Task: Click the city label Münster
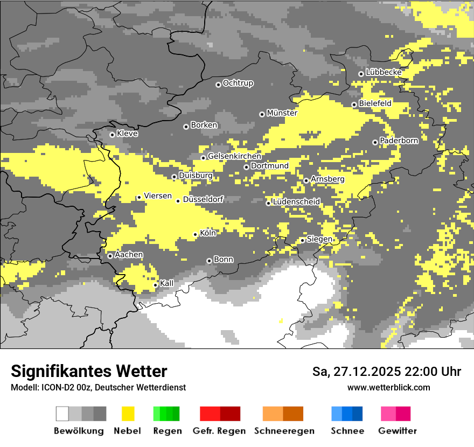[x=282, y=113]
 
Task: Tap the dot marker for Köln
[x=196, y=234]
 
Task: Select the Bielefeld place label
[x=375, y=103]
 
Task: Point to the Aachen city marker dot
[x=110, y=256]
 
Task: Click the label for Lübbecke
[x=384, y=72]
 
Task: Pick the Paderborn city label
[x=399, y=141]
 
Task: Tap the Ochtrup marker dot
[x=218, y=85]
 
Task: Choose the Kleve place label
[x=127, y=134]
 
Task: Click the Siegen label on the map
[x=319, y=239]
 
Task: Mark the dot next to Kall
[x=156, y=285]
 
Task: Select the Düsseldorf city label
[x=203, y=199]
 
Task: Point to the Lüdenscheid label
[x=296, y=201]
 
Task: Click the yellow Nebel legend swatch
[x=128, y=414]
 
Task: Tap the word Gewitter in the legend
[x=398, y=431]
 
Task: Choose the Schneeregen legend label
[x=284, y=431]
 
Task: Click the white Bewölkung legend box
[x=62, y=414]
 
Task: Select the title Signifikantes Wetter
[x=89, y=371]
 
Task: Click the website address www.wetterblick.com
[x=388, y=387]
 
